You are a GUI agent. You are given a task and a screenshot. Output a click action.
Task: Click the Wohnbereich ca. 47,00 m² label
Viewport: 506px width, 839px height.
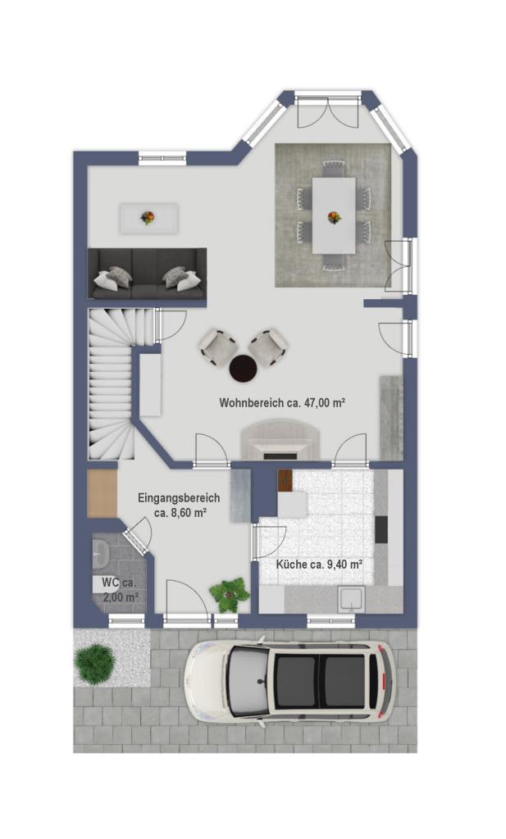(x=281, y=403)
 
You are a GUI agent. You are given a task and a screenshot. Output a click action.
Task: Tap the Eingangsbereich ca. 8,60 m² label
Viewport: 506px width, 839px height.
(x=179, y=505)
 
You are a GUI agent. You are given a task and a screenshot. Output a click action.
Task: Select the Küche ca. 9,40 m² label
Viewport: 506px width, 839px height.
(x=320, y=564)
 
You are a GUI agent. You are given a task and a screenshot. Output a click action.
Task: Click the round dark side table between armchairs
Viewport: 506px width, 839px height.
(x=243, y=368)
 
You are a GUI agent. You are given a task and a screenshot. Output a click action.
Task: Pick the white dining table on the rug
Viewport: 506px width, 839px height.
(x=334, y=215)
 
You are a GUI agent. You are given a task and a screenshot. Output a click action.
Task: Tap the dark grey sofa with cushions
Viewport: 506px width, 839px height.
(x=148, y=274)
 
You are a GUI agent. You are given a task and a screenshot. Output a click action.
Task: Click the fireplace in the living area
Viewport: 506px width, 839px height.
(x=281, y=440)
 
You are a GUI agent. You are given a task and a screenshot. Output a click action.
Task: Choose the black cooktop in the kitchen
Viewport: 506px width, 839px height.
(x=381, y=530)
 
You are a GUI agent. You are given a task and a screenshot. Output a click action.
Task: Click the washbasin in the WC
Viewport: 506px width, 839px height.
(x=99, y=553)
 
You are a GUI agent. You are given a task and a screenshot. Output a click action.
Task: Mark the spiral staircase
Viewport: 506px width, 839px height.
(x=112, y=383)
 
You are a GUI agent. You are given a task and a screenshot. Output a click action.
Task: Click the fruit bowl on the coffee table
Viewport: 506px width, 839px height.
(x=148, y=217)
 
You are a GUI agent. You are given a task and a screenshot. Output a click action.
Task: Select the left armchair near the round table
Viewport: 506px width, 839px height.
(x=217, y=347)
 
